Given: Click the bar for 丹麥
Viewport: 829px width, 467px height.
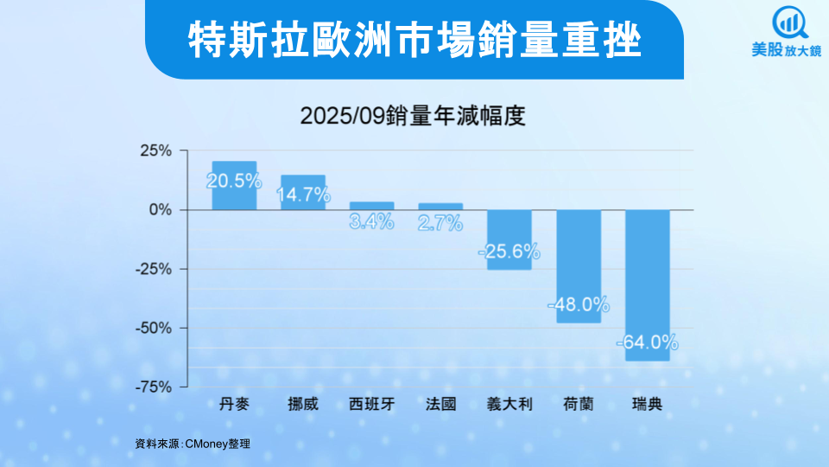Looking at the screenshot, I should click(x=234, y=186).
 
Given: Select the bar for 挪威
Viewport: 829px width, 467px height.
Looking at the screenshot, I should click(x=303, y=192).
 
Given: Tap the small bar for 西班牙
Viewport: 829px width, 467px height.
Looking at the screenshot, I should click(x=372, y=206).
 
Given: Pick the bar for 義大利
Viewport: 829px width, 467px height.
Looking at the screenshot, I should click(x=509, y=240).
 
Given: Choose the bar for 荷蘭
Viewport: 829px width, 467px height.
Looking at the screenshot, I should click(x=579, y=266).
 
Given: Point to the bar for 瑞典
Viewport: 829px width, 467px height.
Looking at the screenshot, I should click(x=648, y=285).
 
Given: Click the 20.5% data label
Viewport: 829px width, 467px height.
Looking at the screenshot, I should click(x=234, y=181).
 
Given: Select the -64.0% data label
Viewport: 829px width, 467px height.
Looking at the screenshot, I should click(x=648, y=342).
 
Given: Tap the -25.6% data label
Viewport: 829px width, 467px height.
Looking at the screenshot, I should click(x=509, y=252).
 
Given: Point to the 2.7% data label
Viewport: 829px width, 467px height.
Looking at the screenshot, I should click(x=440, y=223).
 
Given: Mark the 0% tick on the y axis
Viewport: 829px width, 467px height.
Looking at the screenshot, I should click(x=161, y=210).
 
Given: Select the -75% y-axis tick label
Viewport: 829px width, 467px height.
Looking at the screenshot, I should click(x=153, y=387).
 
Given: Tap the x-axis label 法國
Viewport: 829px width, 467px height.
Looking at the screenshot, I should click(x=440, y=404).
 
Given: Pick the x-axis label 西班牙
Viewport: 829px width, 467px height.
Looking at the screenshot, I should click(x=372, y=404).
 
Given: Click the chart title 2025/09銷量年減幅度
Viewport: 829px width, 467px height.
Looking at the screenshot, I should click(x=413, y=116).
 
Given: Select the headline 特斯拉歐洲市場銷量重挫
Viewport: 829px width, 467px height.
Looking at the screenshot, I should click(x=414, y=39).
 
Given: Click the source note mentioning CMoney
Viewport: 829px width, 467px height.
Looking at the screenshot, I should click(x=193, y=444).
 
